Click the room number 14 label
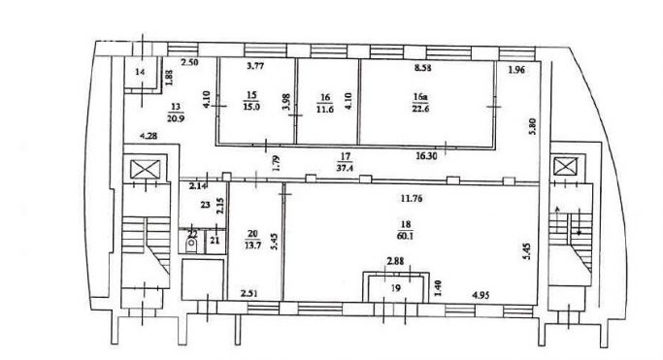point(140,72)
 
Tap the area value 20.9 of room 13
point(176,118)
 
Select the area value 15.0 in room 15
point(251,107)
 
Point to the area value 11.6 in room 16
point(325,109)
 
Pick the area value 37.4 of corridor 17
point(345,168)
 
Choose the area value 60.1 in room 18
point(405,236)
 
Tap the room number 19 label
point(396,288)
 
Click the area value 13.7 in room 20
point(252,245)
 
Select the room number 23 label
point(205,205)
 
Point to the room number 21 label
point(215,240)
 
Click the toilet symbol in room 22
point(191,245)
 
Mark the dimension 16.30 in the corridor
point(426,155)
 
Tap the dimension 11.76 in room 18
point(413,198)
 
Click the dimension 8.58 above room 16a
point(422,67)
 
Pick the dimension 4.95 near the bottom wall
point(481,295)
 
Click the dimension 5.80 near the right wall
point(532,126)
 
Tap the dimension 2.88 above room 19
point(395,262)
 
